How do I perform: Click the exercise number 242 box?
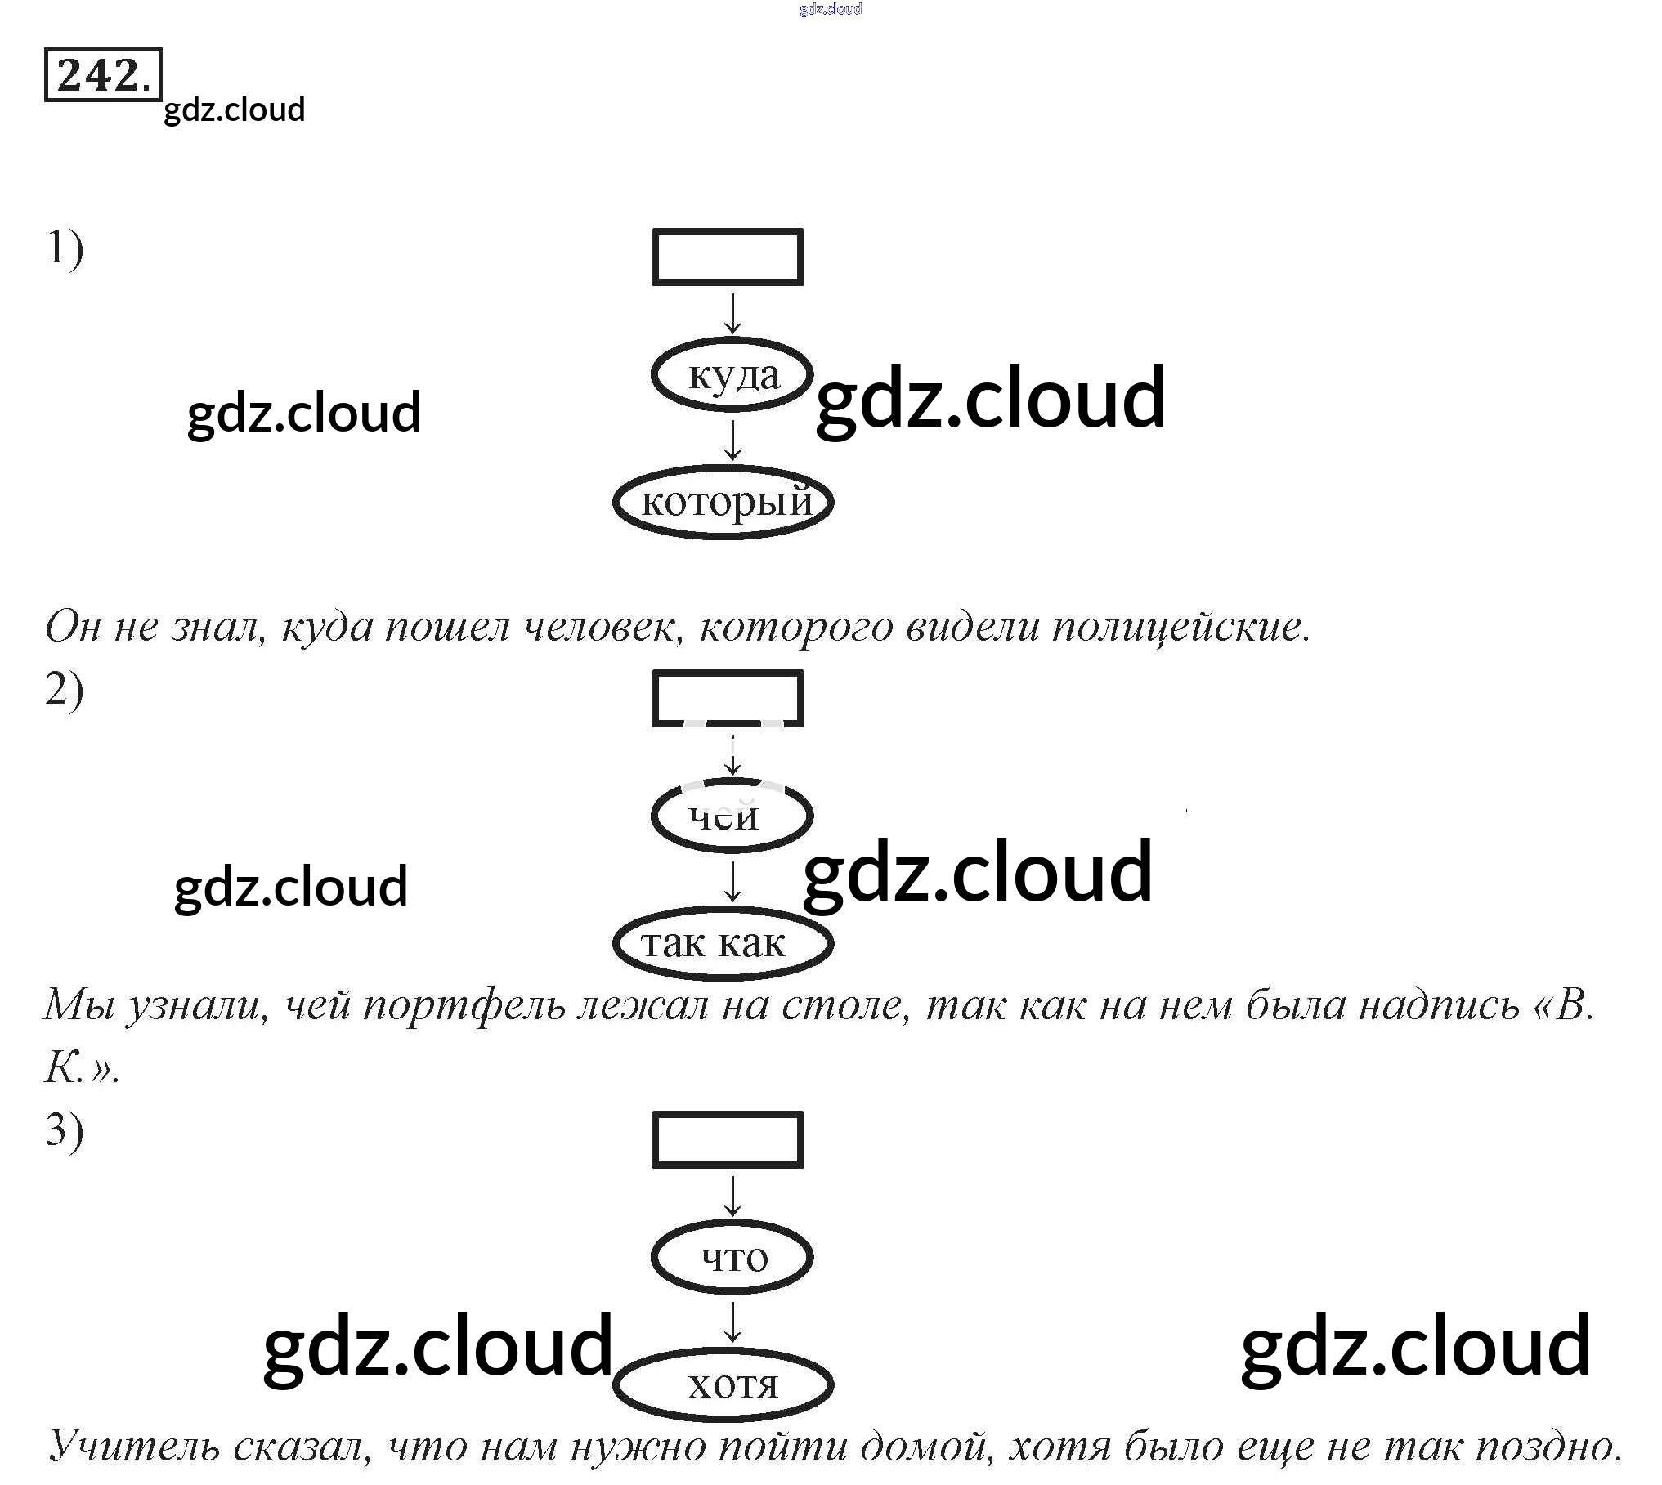click(103, 74)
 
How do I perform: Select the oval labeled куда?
click(732, 375)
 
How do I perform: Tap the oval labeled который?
click(723, 502)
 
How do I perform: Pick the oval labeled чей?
click(732, 816)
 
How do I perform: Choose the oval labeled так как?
click(723, 943)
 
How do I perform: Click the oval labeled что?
click(732, 1257)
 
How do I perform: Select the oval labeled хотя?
click(723, 1384)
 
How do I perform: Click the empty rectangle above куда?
click(728, 257)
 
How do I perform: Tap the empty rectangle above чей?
click(728, 697)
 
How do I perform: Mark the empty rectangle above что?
click(728, 1138)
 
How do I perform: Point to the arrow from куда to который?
click(733, 441)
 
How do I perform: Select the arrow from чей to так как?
click(733, 882)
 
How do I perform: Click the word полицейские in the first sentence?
click(1180, 628)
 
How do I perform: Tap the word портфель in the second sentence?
click(464, 1004)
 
